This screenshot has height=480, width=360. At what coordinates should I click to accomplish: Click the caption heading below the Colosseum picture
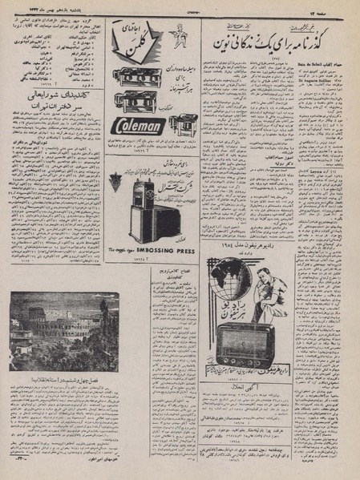click(55, 378)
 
